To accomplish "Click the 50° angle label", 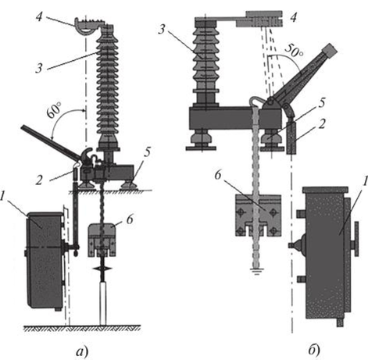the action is (294, 50).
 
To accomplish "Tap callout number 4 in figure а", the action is (39, 16).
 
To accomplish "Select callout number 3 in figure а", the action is (39, 69).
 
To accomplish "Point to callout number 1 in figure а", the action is (2, 197).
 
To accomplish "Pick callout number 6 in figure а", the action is (130, 219).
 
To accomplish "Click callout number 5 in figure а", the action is (147, 152).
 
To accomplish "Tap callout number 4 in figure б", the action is (294, 17).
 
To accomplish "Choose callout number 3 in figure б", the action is (162, 30).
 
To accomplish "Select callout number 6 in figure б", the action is (218, 175).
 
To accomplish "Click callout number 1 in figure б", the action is (365, 180).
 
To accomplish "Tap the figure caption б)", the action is (314, 351).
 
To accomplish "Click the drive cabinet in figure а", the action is (45, 261).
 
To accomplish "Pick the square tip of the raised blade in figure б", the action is (330, 50).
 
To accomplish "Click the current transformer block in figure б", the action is (258, 216).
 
